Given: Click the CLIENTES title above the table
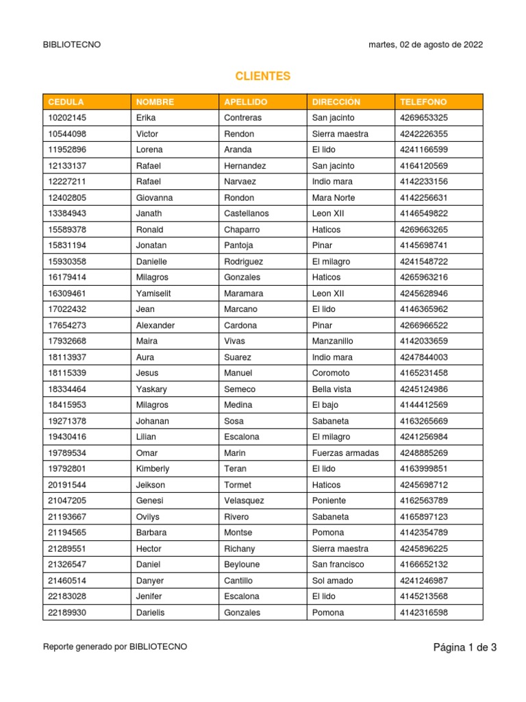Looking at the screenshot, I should point(263,76).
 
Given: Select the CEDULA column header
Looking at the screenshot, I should point(66,102).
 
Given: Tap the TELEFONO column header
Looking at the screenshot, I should point(423,102).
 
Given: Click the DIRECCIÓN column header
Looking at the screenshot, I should point(336,102).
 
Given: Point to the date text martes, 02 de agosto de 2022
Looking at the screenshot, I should point(425,45).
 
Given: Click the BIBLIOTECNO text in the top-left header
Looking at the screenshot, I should point(72,45).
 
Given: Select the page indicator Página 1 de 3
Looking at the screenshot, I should point(464,647).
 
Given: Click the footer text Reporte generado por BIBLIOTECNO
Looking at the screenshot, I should point(114,646).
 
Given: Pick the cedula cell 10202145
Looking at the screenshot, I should point(67,118).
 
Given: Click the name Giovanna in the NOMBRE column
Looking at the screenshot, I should point(154,197).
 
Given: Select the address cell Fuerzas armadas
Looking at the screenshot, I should point(345,452).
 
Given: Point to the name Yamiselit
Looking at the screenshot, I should point(155,293).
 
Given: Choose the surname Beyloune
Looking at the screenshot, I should point(242,564).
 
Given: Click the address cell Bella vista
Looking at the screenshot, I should point(332,389).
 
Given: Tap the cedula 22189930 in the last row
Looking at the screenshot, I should point(67,612).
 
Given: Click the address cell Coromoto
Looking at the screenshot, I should point(331,373).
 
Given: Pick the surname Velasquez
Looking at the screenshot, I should point(244,500).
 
